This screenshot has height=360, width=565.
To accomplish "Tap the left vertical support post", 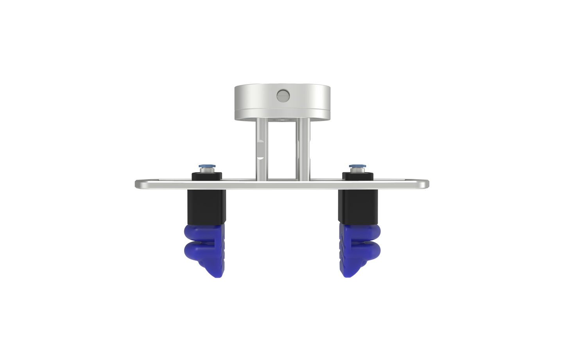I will pos(260,151).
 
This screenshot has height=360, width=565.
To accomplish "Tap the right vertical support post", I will pos(304,151).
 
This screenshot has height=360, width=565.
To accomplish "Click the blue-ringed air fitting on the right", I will pos(357,168).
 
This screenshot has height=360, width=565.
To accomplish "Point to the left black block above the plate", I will pos(206,175).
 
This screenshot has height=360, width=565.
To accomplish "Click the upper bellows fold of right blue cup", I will pos(362,233).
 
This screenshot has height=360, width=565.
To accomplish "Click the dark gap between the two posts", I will pos(282,149).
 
